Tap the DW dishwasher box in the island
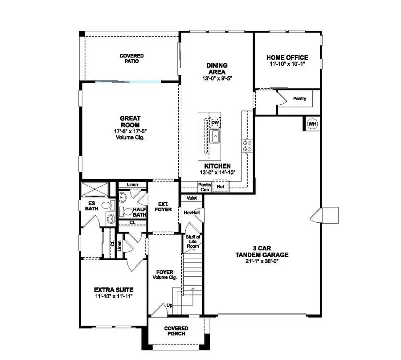215,123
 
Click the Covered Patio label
131,58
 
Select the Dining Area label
217,68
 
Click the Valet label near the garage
192,198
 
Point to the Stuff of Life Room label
192,242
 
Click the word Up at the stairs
169,306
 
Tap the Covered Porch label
176,331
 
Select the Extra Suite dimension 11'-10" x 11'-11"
114,296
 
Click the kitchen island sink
215,137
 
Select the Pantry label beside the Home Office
299,98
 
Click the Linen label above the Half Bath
131,184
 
